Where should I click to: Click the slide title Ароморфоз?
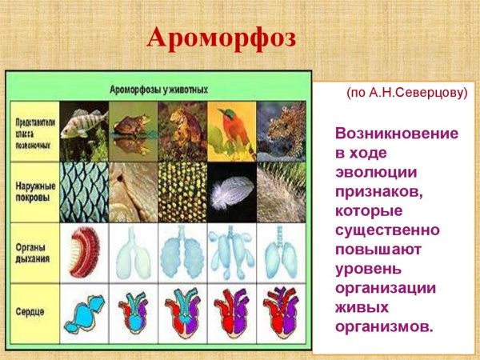[223, 38]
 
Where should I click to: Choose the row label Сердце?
[34, 308]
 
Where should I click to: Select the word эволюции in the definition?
[370, 172]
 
